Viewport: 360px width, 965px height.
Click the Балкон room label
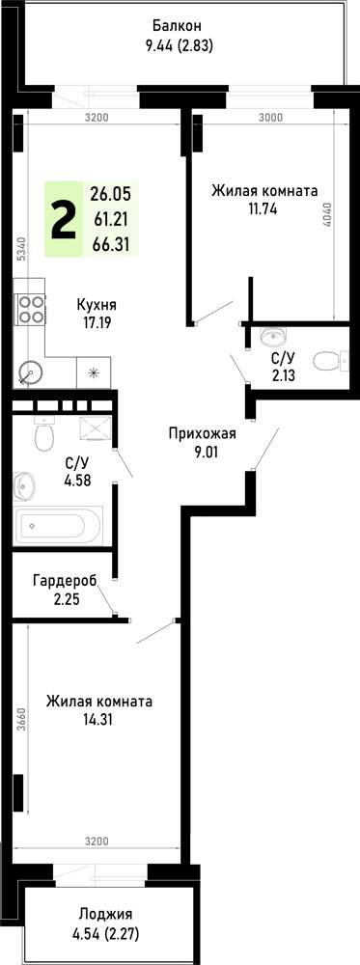coord(178,26)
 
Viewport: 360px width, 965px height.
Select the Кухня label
coord(97,305)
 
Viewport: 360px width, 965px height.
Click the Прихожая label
coord(203,434)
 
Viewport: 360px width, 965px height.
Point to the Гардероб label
coord(66,580)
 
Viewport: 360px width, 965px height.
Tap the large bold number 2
coord(64,220)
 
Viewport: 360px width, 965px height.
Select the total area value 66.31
coord(110,244)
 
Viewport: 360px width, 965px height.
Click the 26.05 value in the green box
coord(111,195)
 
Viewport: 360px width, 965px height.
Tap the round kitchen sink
coord(28,372)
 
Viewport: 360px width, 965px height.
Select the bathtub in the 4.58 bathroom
coord(58,525)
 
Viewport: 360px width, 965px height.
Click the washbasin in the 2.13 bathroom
coord(271,336)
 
